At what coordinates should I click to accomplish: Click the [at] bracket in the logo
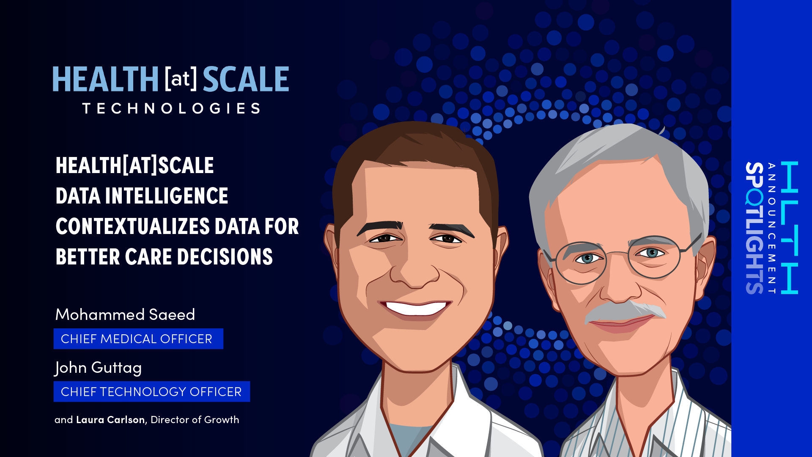[181, 79]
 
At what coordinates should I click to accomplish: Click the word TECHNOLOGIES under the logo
[171, 108]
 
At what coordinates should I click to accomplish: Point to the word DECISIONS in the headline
[225, 257]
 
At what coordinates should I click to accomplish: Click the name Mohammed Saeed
[125, 314]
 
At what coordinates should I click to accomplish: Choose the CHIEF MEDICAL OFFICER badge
[138, 339]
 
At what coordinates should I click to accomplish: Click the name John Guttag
[98, 368]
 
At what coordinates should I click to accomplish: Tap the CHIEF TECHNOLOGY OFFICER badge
[152, 391]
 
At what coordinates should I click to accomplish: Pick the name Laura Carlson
[110, 420]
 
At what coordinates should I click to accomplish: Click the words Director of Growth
[195, 420]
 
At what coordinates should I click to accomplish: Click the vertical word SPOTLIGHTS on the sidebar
[754, 228]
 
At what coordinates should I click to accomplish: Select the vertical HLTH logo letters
[789, 227]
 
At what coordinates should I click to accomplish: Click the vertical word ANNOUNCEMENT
[772, 228]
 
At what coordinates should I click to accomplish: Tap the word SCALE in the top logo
[246, 79]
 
